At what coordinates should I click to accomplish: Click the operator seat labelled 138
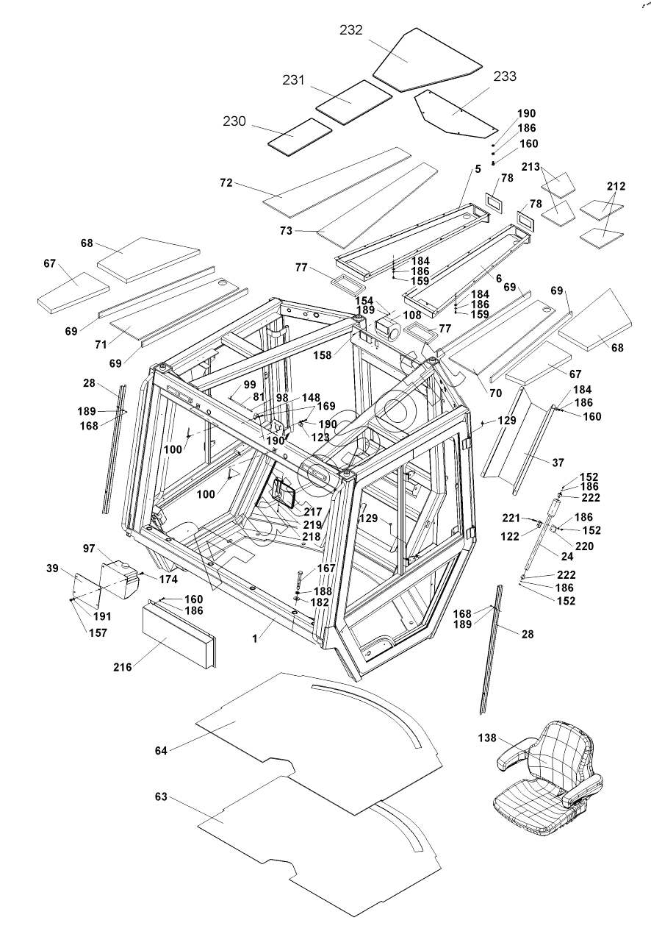(551, 780)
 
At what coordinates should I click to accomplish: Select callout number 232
(351, 30)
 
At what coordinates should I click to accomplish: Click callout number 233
(505, 76)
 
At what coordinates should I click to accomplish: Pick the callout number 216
(122, 667)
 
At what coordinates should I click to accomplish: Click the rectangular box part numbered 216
(179, 632)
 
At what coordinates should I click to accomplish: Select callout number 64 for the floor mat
(162, 751)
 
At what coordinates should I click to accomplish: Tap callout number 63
(162, 797)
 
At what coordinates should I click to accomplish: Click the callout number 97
(89, 549)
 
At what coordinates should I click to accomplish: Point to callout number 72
(226, 182)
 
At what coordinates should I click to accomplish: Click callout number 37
(558, 462)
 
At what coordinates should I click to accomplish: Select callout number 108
(411, 315)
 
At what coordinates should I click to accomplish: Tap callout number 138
(487, 738)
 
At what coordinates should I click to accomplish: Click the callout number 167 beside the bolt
(326, 568)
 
